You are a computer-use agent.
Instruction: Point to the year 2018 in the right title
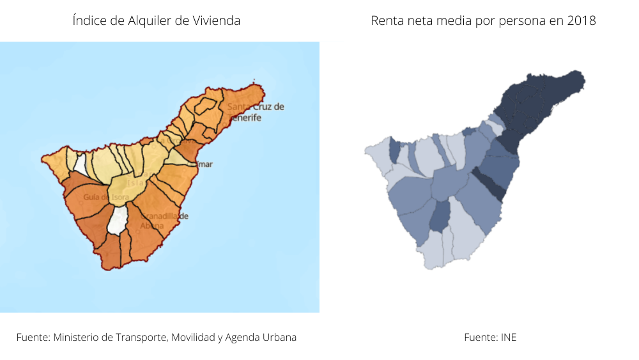582,21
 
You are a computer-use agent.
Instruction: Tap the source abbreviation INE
508,337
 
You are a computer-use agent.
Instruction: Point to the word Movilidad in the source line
193,337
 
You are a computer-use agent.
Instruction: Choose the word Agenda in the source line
244,337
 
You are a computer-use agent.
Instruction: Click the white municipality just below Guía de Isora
118,221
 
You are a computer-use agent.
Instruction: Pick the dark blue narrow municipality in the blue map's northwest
395,151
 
